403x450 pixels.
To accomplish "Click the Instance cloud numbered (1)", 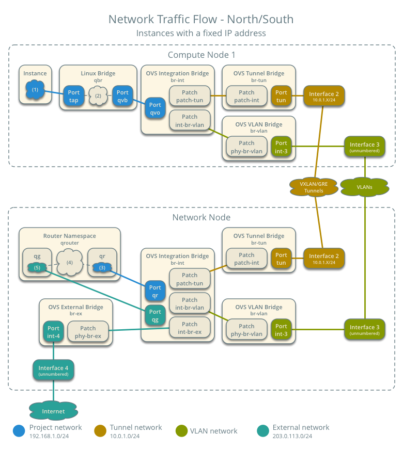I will (35, 90).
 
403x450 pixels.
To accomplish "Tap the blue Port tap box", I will (73, 96).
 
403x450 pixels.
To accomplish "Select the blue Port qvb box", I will (123, 96).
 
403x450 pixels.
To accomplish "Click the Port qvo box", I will (155, 108).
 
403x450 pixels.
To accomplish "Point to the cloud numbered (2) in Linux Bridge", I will (98, 96).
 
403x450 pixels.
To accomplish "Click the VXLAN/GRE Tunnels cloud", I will (314, 187).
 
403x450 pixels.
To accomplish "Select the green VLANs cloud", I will (364, 187).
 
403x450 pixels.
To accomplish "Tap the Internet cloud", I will (53, 411).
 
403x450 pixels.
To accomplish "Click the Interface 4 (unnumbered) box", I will (53, 371).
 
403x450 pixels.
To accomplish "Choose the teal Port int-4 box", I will (53, 331).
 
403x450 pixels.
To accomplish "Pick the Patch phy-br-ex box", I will (88, 331).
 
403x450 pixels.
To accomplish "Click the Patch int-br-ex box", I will (190, 328).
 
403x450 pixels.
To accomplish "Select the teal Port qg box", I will (155, 315).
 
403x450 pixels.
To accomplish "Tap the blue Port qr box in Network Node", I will (155, 291).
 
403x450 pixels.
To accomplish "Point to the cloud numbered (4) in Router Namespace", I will (69, 262).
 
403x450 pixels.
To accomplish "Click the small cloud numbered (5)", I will (37, 267).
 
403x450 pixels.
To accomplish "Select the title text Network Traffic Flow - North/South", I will (201, 20).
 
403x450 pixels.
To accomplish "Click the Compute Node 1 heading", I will (202, 55).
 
